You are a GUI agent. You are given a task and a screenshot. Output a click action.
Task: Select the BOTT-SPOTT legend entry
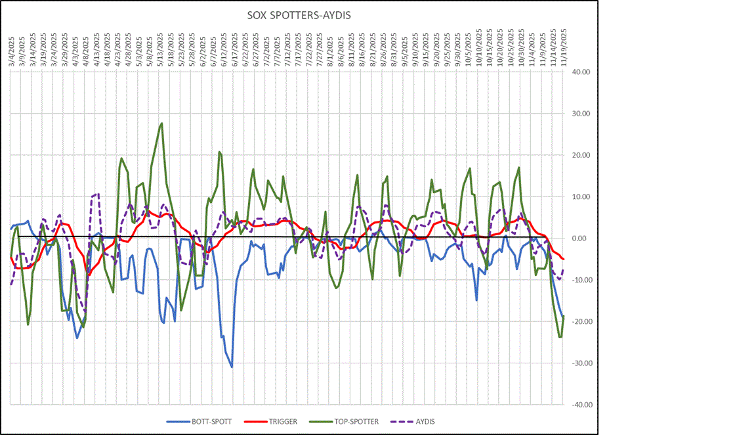click(x=211, y=421)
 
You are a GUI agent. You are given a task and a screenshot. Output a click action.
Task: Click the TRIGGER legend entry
click(x=283, y=421)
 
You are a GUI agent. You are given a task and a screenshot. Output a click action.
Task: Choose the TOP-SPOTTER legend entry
click(x=355, y=421)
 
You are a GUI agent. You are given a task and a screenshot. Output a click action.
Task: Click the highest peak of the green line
click(x=161, y=123)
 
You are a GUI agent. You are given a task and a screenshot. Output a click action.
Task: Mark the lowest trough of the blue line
click(x=232, y=367)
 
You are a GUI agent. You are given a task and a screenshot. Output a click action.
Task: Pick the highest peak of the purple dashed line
click(x=98, y=194)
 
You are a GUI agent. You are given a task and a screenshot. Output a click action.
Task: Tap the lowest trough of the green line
click(x=560, y=337)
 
